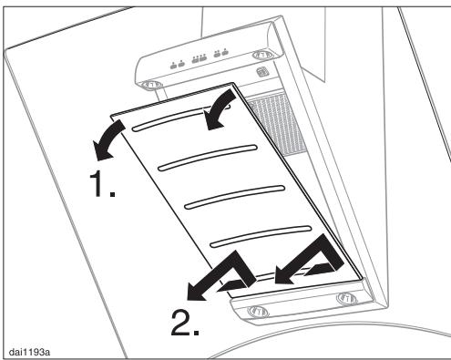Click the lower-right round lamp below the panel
pos(347,297)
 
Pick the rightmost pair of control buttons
pos(220,53)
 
